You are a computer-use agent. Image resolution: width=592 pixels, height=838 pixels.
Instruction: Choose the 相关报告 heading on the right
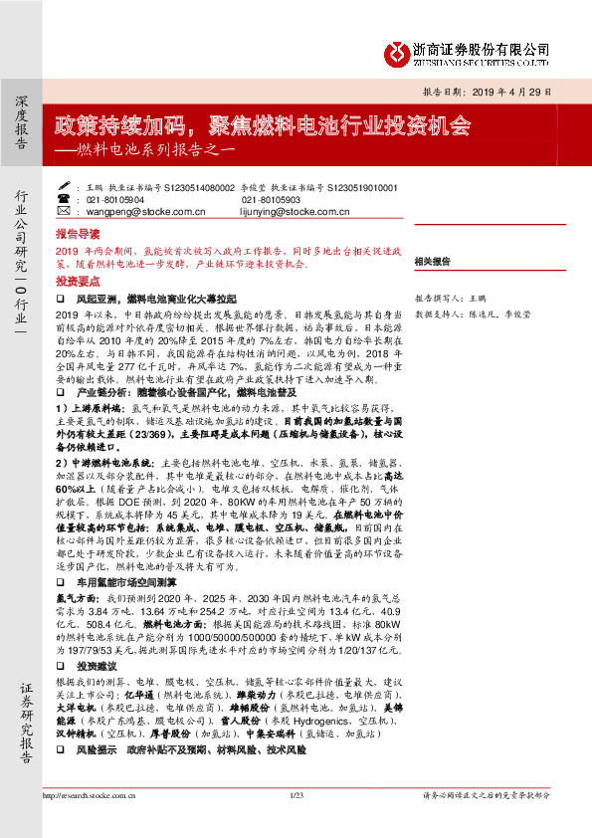coord(433,261)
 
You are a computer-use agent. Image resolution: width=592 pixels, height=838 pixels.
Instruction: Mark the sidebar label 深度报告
coord(22,123)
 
